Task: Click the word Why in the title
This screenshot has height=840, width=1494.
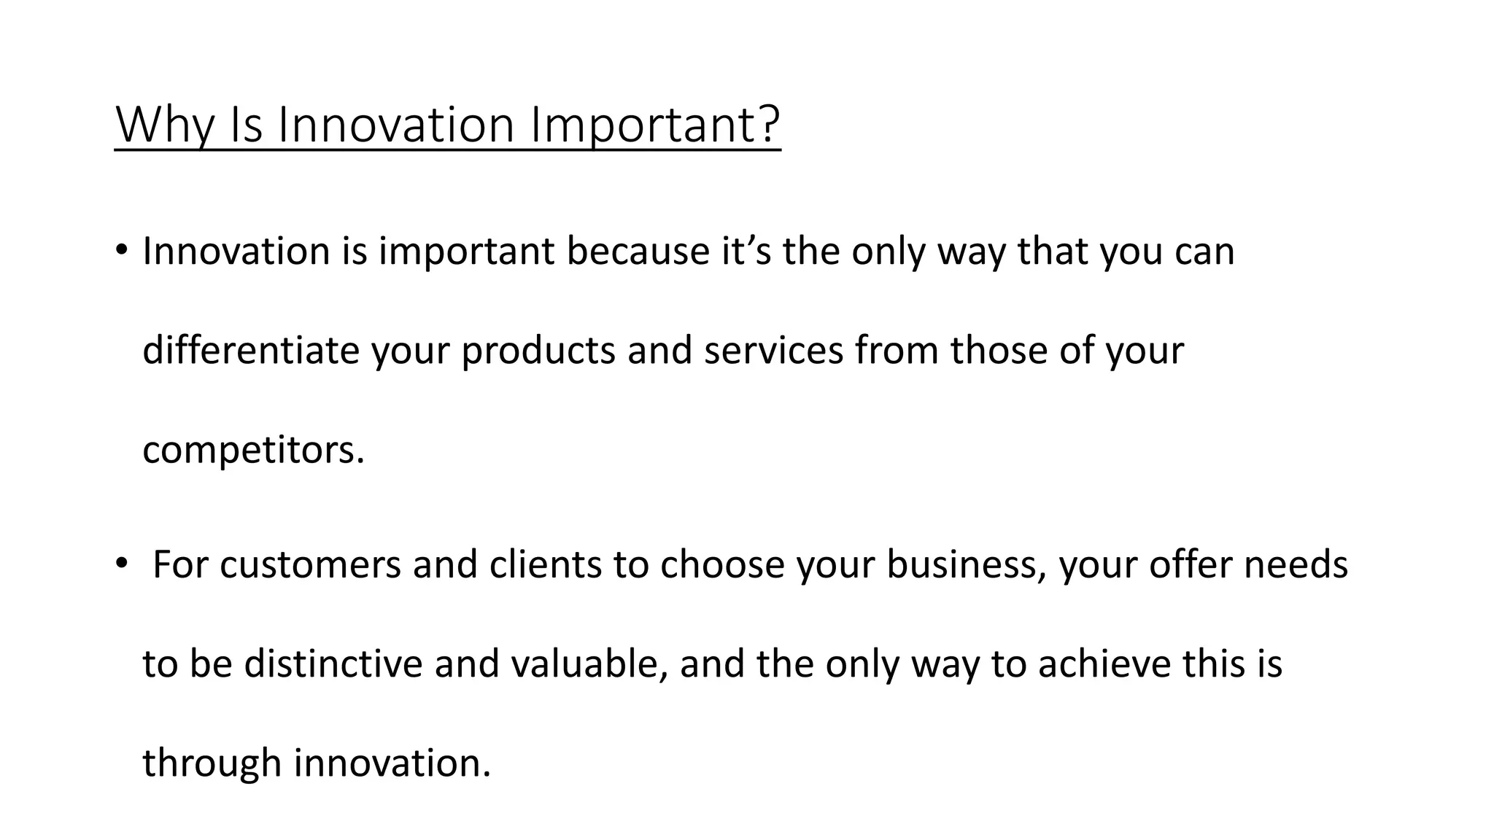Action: pos(164,125)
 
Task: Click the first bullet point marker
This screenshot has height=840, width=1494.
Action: pos(121,250)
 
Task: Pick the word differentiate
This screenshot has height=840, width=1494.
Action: pos(251,350)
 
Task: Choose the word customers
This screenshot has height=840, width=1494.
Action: pos(310,565)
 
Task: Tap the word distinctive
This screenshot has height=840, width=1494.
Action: pos(333,664)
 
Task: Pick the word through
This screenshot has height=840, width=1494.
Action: pos(212,764)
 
